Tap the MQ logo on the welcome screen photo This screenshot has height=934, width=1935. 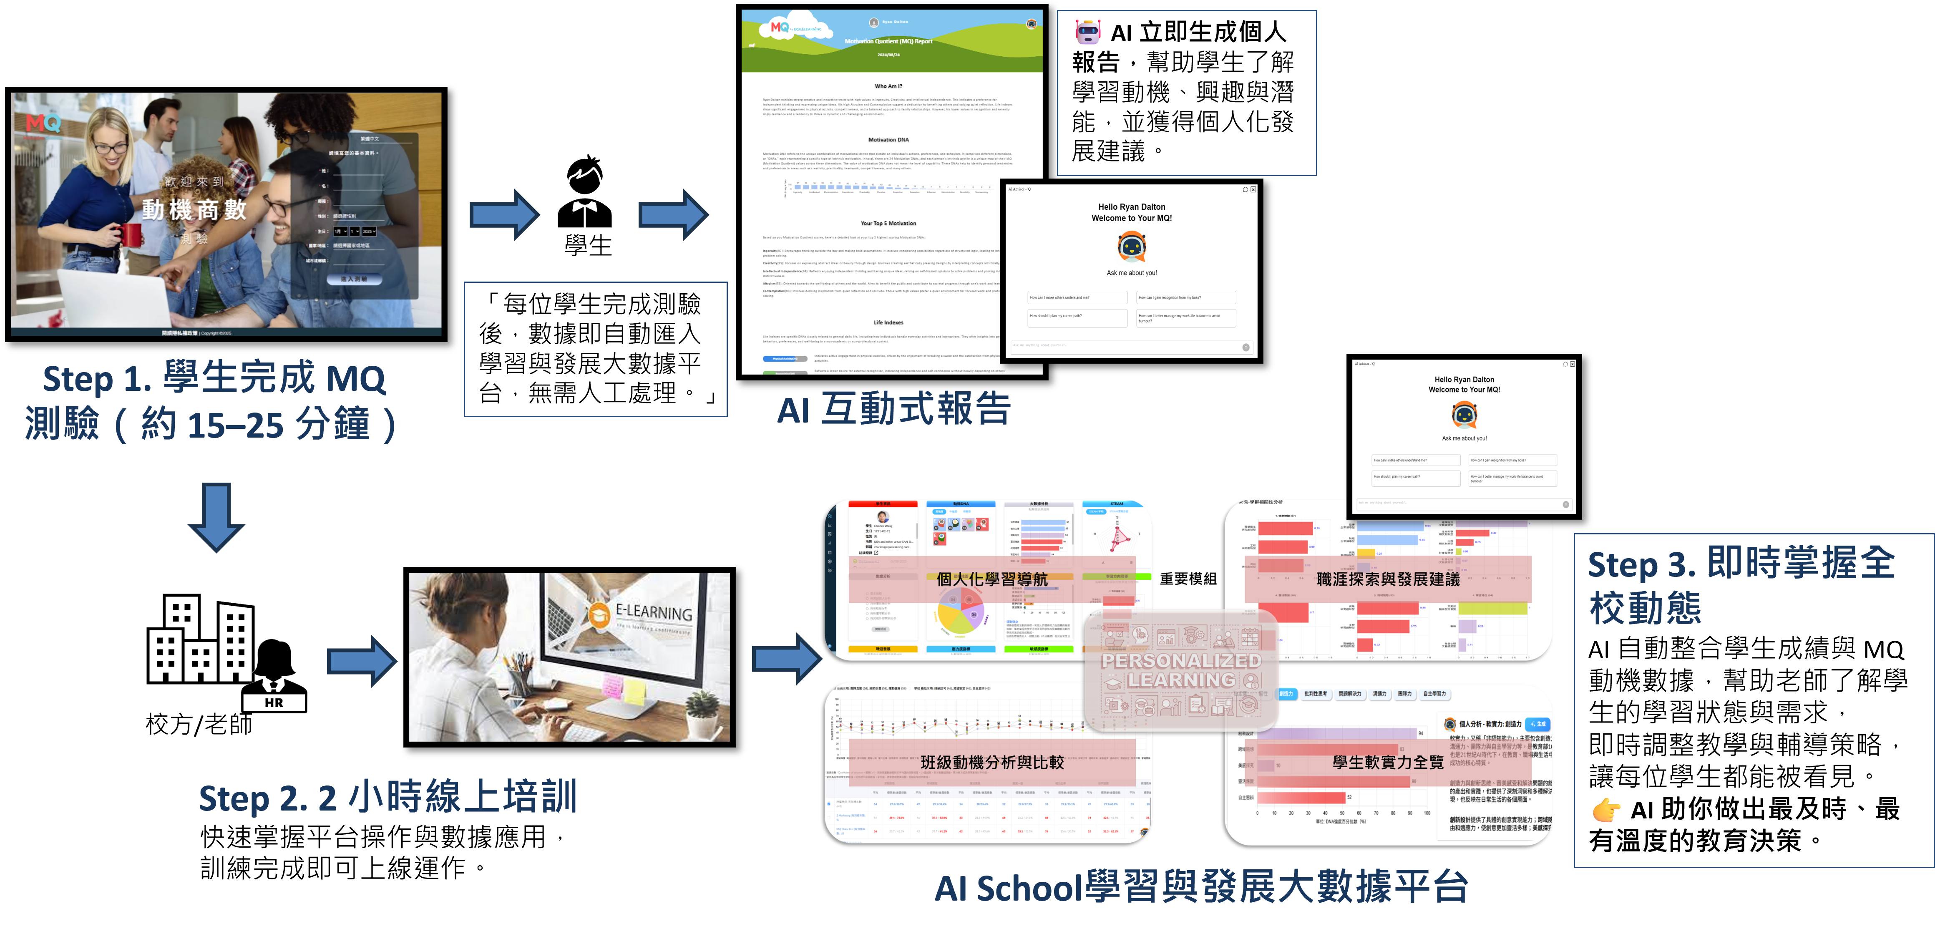pyautogui.click(x=43, y=123)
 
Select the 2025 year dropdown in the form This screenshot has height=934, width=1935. pyautogui.click(x=369, y=232)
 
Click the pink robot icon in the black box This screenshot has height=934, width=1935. pyautogui.click(x=1088, y=32)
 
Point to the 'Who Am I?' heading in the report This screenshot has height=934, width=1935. pyautogui.click(x=888, y=86)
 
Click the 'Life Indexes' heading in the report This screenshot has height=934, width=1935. pyautogui.click(x=888, y=322)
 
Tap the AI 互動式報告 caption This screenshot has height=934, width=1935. pyautogui.click(x=894, y=410)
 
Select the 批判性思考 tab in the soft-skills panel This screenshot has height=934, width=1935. pyautogui.click(x=1315, y=694)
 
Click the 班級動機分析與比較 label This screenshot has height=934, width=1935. pyautogui.click(x=991, y=762)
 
